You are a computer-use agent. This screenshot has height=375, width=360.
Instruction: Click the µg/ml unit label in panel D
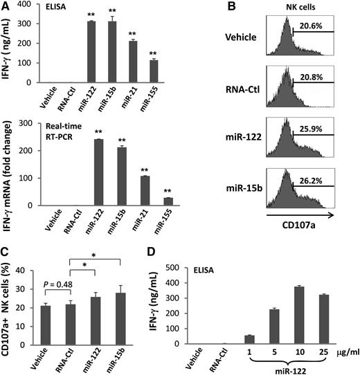[x=346, y=353]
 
